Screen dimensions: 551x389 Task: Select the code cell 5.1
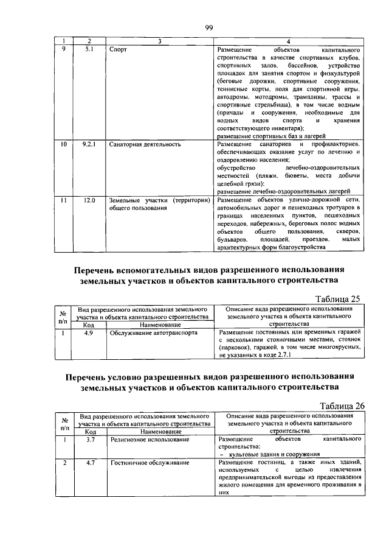tap(89, 49)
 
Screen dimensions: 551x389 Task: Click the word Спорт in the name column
tap(119, 49)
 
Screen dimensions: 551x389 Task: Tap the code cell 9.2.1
tap(89, 145)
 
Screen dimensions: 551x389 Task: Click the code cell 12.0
tap(89, 200)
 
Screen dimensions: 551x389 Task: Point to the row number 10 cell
tap(63, 145)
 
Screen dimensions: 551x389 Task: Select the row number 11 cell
tap(63, 200)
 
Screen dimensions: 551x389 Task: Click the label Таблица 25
tap(336, 298)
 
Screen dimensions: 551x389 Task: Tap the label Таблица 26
tap(336, 406)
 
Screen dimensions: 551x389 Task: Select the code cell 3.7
tap(89, 439)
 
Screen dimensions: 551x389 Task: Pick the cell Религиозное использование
tap(150, 439)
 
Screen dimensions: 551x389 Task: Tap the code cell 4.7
tap(89, 463)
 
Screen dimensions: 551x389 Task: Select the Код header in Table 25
tap(89, 325)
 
